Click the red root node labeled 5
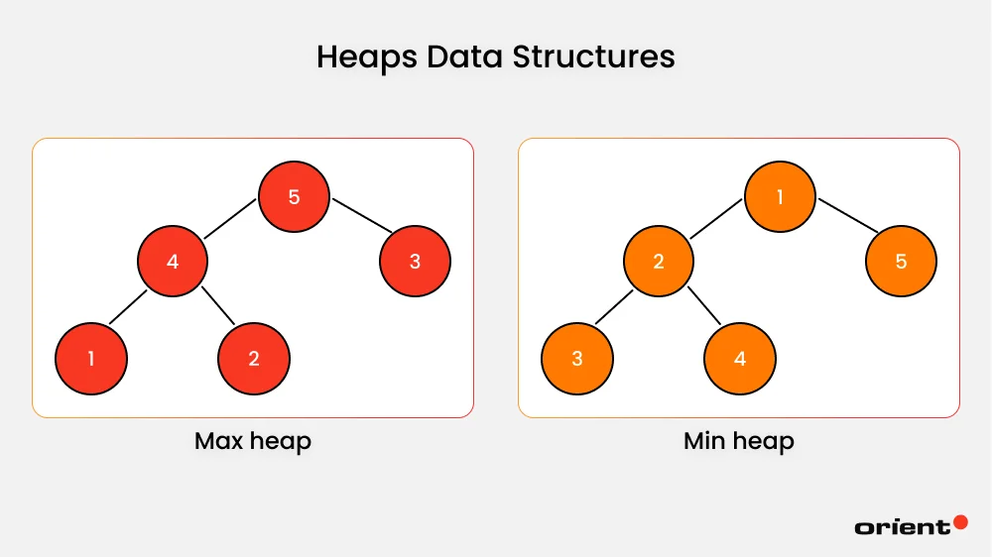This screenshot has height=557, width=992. pyautogui.click(x=294, y=196)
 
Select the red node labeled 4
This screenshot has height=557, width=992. pyautogui.click(x=173, y=262)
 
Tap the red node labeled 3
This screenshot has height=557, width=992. pyautogui.click(x=415, y=262)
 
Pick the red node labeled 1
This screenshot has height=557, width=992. pyautogui.click(x=91, y=358)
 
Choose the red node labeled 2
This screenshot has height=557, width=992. pyautogui.click(x=254, y=358)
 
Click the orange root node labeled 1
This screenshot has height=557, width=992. pyautogui.click(x=780, y=196)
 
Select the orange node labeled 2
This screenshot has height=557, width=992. pyautogui.click(x=659, y=262)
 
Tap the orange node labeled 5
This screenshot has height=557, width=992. pyautogui.click(x=901, y=262)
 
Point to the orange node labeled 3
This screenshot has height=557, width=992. pyautogui.click(x=577, y=358)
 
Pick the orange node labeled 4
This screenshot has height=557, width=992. pyautogui.click(x=740, y=358)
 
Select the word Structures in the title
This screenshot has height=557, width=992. pyautogui.click(x=593, y=56)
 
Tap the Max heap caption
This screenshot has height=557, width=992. pyautogui.click(x=253, y=441)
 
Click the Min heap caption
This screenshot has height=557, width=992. pyautogui.click(x=739, y=441)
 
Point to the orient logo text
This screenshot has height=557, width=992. pyautogui.click(x=902, y=527)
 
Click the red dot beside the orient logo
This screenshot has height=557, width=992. pyautogui.click(x=960, y=521)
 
